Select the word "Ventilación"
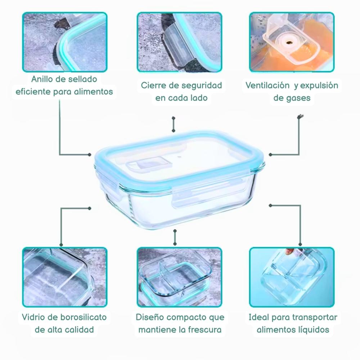pos(267,85)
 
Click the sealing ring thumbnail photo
pos(65,42)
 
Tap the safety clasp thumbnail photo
pos(179,42)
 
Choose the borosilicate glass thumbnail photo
pos(65,277)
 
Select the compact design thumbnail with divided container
pos(179,277)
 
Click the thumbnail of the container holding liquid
pos(292,277)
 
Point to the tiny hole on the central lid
pos(179,158)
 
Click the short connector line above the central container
pos(174,125)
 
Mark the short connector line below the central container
pos(175,237)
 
